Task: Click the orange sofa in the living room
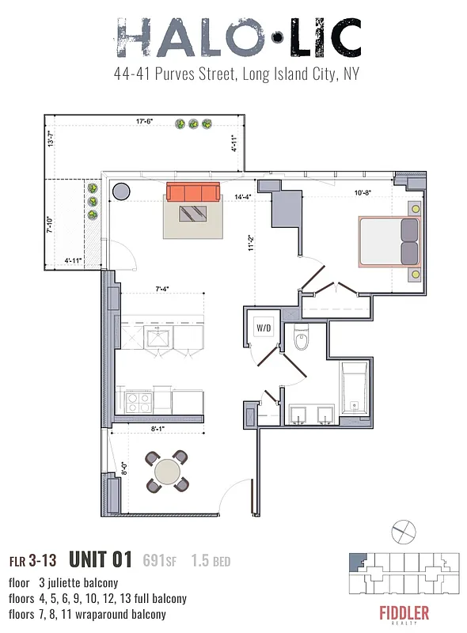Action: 193,192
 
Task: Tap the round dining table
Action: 168,472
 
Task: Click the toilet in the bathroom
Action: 301,342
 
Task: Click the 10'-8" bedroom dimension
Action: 364,192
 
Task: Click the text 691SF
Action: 159,561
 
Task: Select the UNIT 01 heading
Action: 99,560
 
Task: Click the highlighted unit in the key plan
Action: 355,559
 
